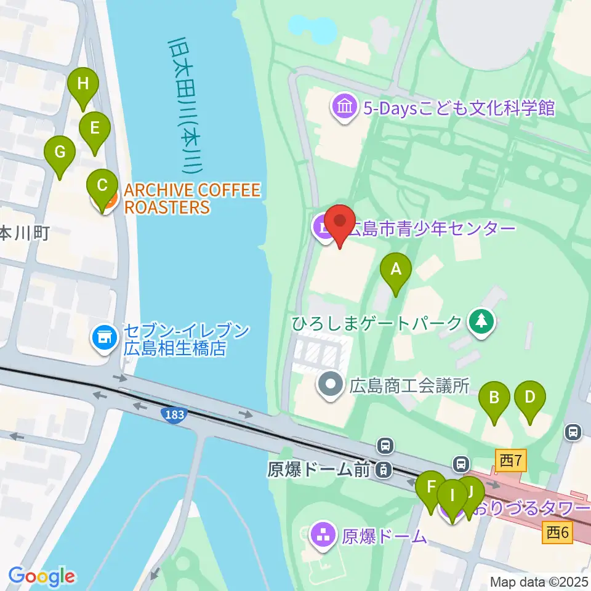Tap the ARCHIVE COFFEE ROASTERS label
pyautogui.click(x=192, y=198)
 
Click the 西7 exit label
pyautogui.click(x=511, y=459)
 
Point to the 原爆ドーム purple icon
pyautogui.click(x=323, y=535)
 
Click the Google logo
pyautogui.click(x=41, y=577)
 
